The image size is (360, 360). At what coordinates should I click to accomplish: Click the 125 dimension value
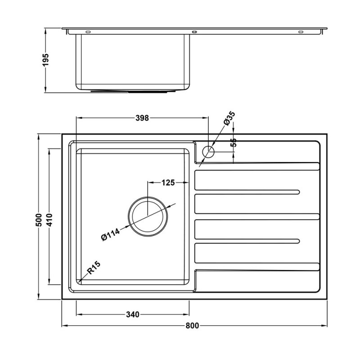coord(168,183)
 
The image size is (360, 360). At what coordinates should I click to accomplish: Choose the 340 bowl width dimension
coord(132,314)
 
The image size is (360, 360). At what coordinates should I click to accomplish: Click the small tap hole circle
coord(208,152)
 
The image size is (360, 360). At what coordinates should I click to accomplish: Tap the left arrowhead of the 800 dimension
coord(63,325)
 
